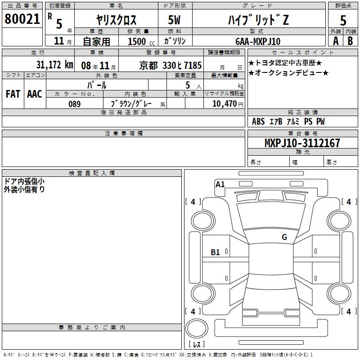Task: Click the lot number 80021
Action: tap(22, 19)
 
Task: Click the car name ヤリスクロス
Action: tap(117, 20)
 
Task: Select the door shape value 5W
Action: tap(174, 20)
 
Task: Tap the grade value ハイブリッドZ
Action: tap(258, 20)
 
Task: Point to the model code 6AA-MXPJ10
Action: tap(258, 41)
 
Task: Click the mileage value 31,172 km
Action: tap(54, 65)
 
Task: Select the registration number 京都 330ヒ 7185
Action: tap(171, 66)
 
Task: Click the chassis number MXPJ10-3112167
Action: tap(302, 143)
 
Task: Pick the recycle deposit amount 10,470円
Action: tap(228, 104)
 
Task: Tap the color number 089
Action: tap(75, 104)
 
